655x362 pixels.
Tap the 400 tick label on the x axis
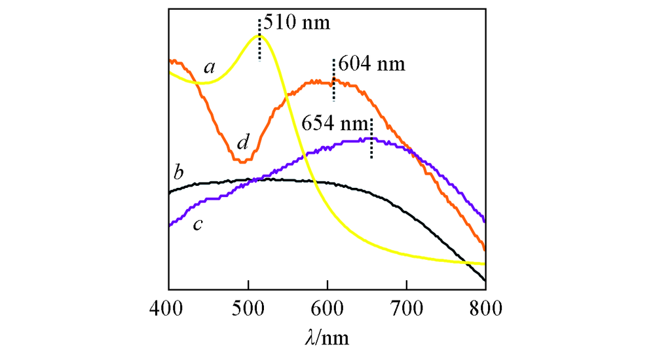pyautogui.click(x=168, y=307)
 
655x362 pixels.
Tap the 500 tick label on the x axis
pyautogui.click(x=248, y=307)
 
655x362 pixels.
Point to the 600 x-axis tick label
pyautogui.click(x=327, y=307)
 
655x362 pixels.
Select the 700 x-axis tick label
pyautogui.click(x=407, y=307)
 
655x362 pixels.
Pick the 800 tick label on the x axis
pyautogui.click(x=485, y=307)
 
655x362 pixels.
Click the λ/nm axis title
pyautogui.click(x=327, y=338)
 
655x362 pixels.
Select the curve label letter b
pyautogui.click(x=178, y=173)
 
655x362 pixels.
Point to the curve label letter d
pyautogui.click(x=243, y=141)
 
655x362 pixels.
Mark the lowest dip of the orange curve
pyautogui.click(x=242, y=161)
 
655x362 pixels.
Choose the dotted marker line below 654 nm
pyautogui.click(x=371, y=139)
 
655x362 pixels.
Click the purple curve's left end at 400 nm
pyautogui.click(x=170, y=225)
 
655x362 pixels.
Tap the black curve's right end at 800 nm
pyautogui.click(x=485, y=280)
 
